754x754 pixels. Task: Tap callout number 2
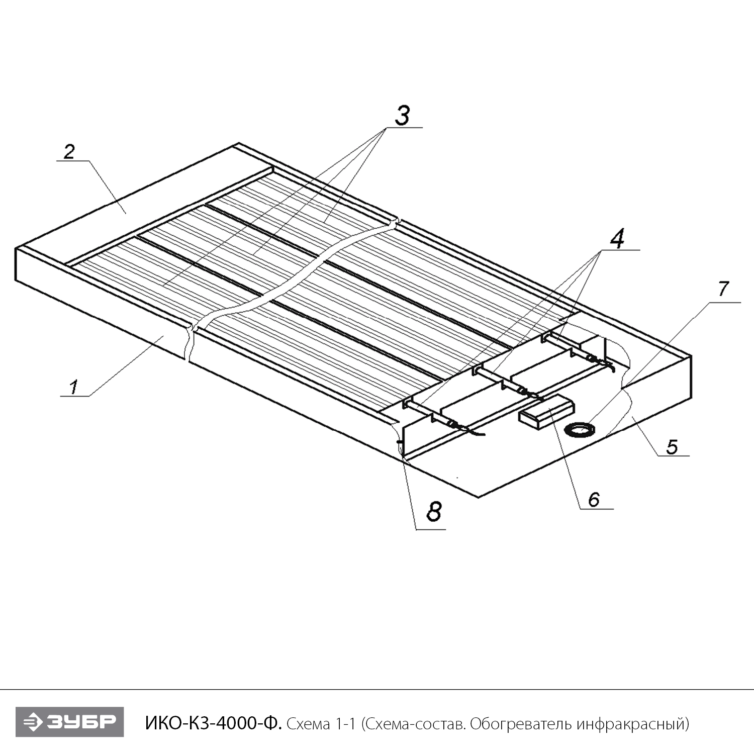click(69, 151)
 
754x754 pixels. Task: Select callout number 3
click(401, 116)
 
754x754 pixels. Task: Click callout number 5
click(673, 446)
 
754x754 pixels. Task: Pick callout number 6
click(594, 499)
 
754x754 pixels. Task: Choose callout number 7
click(723, 289)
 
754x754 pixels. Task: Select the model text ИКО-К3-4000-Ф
click(214, 724)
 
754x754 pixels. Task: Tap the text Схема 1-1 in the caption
click(321, 724)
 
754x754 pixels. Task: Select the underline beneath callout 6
click(597, 509)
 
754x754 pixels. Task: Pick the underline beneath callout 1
click(75, 397)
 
